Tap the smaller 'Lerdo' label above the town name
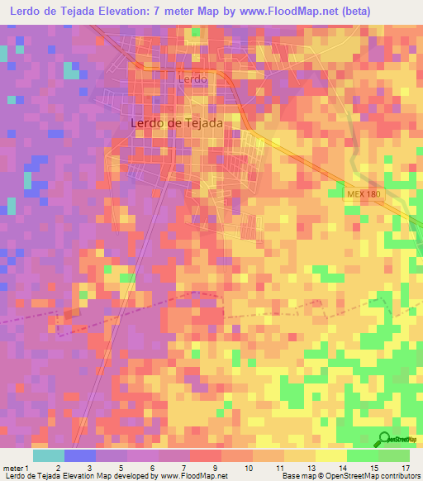click(x=191, y=79)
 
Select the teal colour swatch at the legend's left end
click(x=48, y=455)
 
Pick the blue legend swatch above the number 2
click(x=79, y=455)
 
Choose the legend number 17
click(x=406, y=468)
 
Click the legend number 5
click(x=121, y=468)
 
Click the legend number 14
click(x=342, y=468)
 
